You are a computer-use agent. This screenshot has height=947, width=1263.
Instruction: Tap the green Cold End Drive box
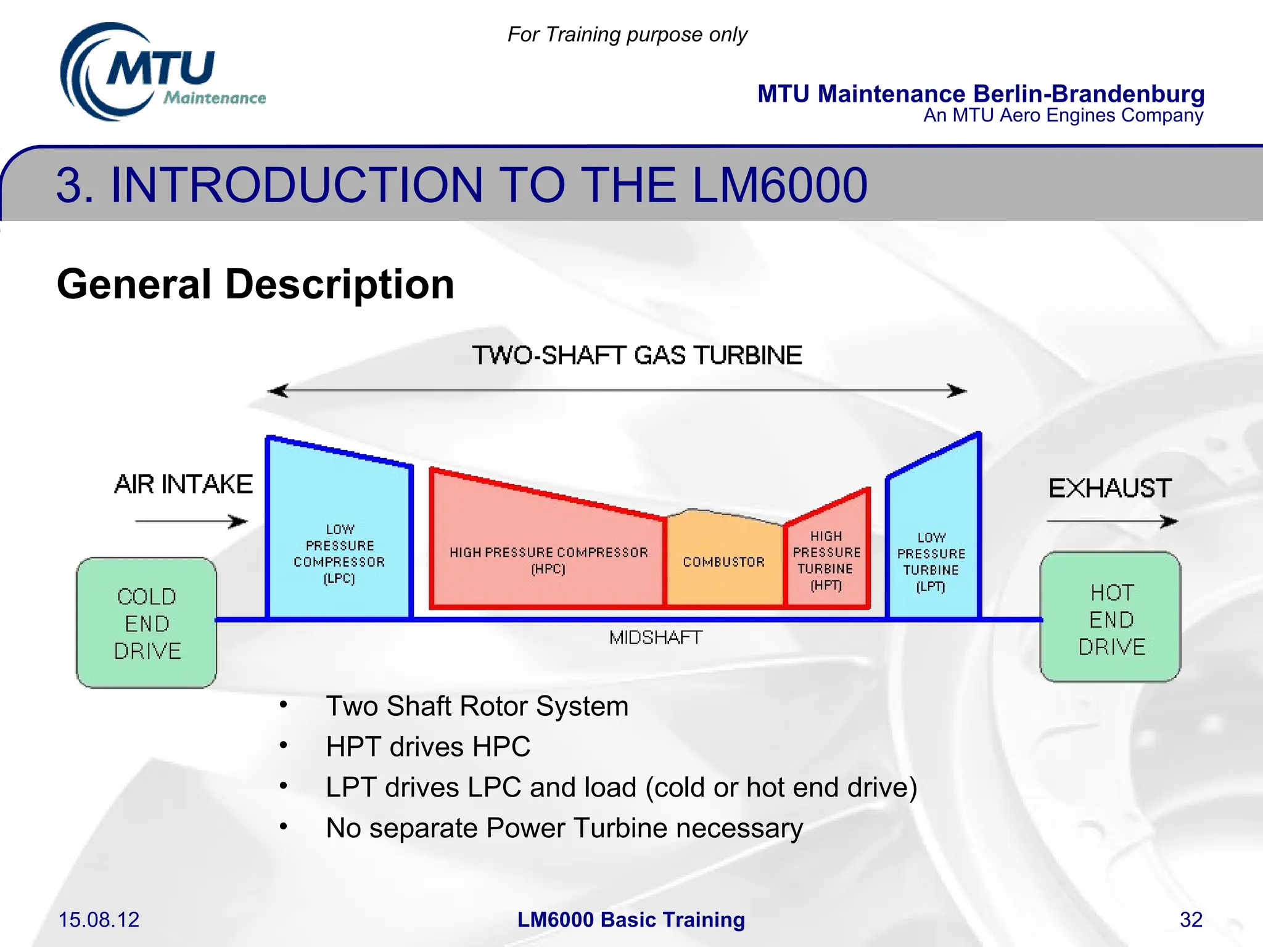[146, 623]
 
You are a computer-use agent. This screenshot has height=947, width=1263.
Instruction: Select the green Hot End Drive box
[1110, 618]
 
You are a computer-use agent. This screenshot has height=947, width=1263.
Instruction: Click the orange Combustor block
[723, 562]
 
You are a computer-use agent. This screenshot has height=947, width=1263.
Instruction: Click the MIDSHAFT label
[656, 637]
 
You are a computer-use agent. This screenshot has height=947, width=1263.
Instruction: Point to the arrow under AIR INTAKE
[191, 522]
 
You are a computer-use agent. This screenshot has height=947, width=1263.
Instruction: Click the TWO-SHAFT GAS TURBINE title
[636, 356]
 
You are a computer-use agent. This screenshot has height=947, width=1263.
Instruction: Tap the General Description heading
[255, 284]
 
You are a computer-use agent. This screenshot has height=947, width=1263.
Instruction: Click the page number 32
[1190, 919]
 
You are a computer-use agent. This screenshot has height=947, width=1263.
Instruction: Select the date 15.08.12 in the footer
[99, 919]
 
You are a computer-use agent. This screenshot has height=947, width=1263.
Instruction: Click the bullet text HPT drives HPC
[428, 747]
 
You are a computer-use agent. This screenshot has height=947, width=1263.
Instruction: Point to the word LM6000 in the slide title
[780, 185]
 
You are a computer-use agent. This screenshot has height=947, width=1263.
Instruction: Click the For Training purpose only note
[627, 35]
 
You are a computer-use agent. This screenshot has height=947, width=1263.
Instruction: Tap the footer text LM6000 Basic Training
[631, 919]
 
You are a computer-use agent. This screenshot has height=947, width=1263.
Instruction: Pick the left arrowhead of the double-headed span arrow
[278, 391]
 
